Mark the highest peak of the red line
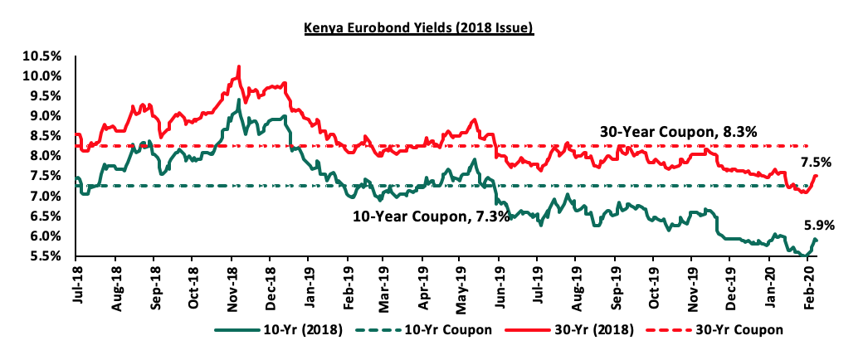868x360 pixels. tap(239, 66)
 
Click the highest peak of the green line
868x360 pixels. tap(239, 100)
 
